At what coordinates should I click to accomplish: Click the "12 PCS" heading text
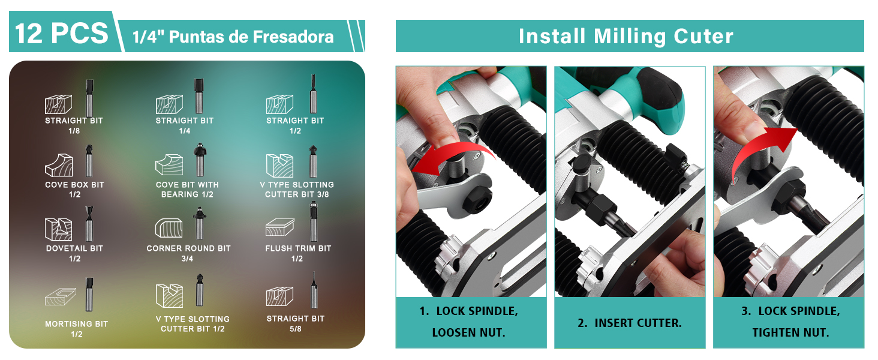coord(62,33)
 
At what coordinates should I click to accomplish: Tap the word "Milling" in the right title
coord(630,37)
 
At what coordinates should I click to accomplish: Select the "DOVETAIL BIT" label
coord(74,248)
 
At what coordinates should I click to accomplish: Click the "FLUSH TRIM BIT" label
coord(298,248)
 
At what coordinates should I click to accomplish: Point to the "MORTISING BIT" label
coord(76,325)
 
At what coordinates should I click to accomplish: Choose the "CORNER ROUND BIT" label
coord(188,248)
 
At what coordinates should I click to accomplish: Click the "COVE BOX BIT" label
coord(74,185)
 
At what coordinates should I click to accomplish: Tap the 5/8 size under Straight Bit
coord(296,329)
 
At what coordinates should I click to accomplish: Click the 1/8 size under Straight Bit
coord(74,131)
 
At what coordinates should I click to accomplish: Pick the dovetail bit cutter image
coord(89,224)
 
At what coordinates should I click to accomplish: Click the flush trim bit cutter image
coord(314,221)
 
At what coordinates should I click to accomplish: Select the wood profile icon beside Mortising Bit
coord(61,297)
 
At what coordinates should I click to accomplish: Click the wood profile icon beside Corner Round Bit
coord(169,228)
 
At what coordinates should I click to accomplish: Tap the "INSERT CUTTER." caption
coord(630,323)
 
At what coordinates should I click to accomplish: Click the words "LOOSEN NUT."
coord(469,333)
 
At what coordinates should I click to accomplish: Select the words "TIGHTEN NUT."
coord(790,333)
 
